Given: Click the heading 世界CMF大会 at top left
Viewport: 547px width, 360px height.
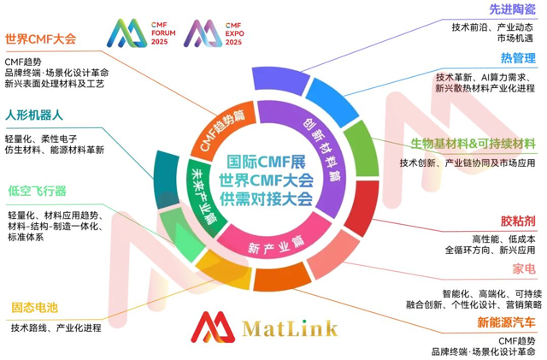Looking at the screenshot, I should point(40,39).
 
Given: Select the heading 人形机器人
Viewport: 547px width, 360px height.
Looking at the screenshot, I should point(35,115).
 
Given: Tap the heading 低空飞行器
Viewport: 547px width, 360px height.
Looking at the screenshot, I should point(36,191).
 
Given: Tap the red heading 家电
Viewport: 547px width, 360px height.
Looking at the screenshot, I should point(524,271).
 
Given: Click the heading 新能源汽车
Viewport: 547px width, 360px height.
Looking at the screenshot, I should point(507,322).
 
